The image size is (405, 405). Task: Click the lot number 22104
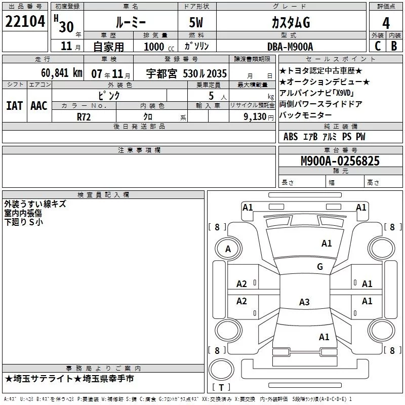25,21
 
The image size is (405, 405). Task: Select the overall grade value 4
386,23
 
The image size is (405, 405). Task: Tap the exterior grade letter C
378,46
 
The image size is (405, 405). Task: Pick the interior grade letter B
394,46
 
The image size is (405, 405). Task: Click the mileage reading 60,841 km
62,73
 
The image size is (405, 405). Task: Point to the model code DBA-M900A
290,47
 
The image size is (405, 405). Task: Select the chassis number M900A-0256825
340,160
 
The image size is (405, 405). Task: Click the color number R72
84,117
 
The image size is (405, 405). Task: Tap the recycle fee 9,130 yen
259,117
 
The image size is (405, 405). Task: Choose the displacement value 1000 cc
159,47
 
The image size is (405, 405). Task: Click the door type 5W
196,22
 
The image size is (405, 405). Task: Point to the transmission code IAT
14,106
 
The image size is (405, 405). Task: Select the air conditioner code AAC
39,106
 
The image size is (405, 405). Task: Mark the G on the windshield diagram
320,266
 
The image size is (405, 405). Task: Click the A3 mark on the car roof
304,302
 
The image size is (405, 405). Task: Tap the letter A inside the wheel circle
228,249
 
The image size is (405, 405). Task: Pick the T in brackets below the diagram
221,387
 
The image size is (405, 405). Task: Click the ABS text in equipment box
291,137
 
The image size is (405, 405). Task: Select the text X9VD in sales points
343,93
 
